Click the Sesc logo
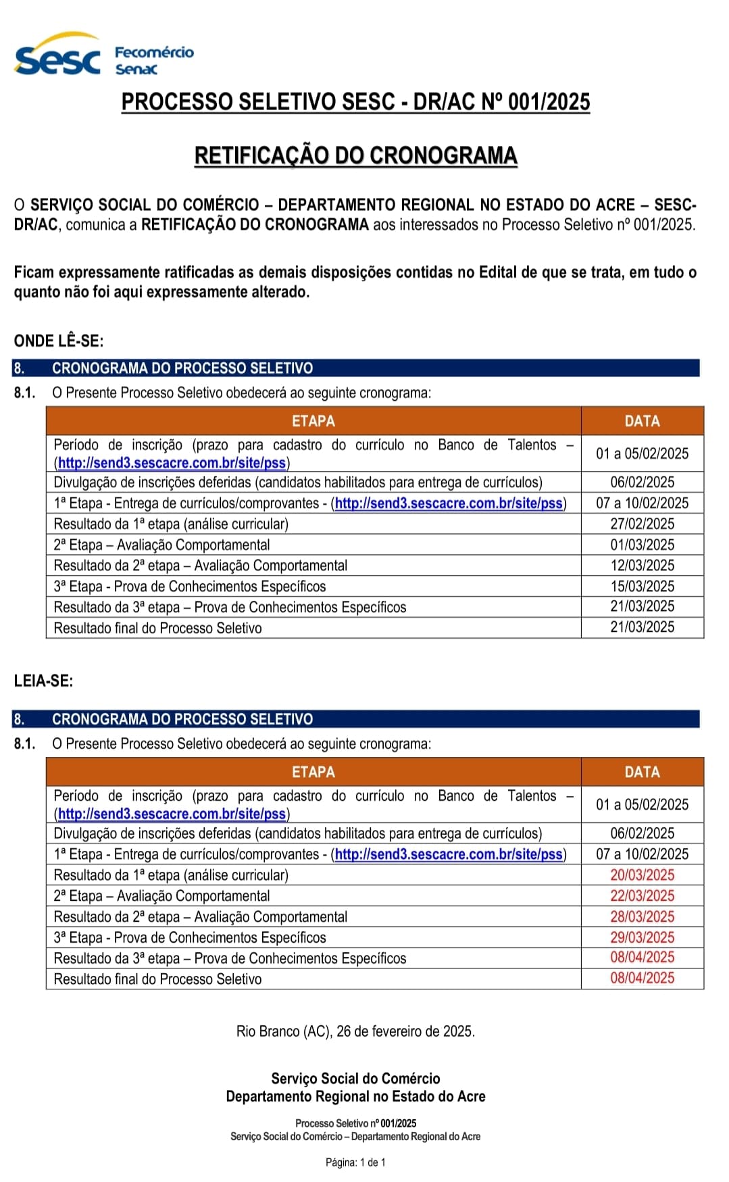(x=57, y=57)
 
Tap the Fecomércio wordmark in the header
(x=154, y=52)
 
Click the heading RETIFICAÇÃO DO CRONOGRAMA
(x=355, y=155)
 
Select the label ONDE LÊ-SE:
(x=59, y=341)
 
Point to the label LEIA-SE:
(x=43, y=681)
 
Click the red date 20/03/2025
(x=642, y=875)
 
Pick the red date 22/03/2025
(x=642, y=895)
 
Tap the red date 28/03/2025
(x=642, y=916)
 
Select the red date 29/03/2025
(x=642, y=937)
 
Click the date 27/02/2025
(x=642, y=524)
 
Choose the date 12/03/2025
(x=642, y=565)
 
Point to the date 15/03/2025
(x=642, y=586)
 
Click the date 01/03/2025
(x=642, y=545)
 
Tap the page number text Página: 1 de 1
(x=355, y=1162)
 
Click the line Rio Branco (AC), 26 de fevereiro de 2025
(x=355, y=1031)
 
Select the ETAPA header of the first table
(x=313, y=421)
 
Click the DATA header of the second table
(x=642, y=772)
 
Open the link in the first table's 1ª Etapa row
(x=449, y=503)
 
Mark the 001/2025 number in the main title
(x=549, y=102)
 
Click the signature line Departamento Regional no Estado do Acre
(x=355, y=1096)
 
